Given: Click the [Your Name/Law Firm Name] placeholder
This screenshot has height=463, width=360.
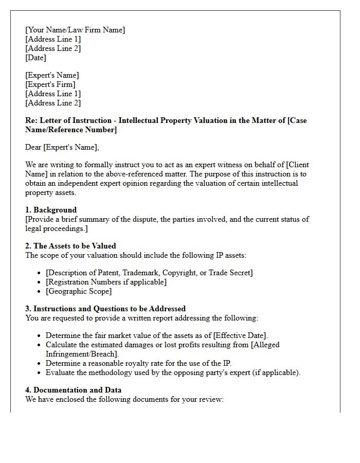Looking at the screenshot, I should (75, 30).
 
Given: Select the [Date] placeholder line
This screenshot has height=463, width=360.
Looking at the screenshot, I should (35, 58).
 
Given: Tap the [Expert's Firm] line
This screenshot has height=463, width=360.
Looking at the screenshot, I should (50, 84).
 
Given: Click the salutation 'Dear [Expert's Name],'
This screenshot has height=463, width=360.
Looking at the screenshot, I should (62, 147).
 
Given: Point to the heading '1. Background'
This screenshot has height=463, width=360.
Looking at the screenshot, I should (51, 210).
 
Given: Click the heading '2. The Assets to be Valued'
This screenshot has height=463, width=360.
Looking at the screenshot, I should (70, 246).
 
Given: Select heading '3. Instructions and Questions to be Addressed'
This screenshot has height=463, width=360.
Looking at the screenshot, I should (105, 309).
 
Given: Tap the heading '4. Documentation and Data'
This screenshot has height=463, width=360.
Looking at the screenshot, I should (74, 390).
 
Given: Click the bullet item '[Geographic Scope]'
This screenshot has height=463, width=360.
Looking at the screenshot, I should (79, 291).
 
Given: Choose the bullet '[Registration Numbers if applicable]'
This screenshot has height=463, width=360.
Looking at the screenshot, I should (106, 282).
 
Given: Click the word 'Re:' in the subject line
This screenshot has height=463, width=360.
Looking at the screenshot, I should (31, 120).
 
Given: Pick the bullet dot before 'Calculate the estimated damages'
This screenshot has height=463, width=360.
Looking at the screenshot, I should (40, 345).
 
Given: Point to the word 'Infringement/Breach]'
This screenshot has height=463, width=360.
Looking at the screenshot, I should (82, 354).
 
